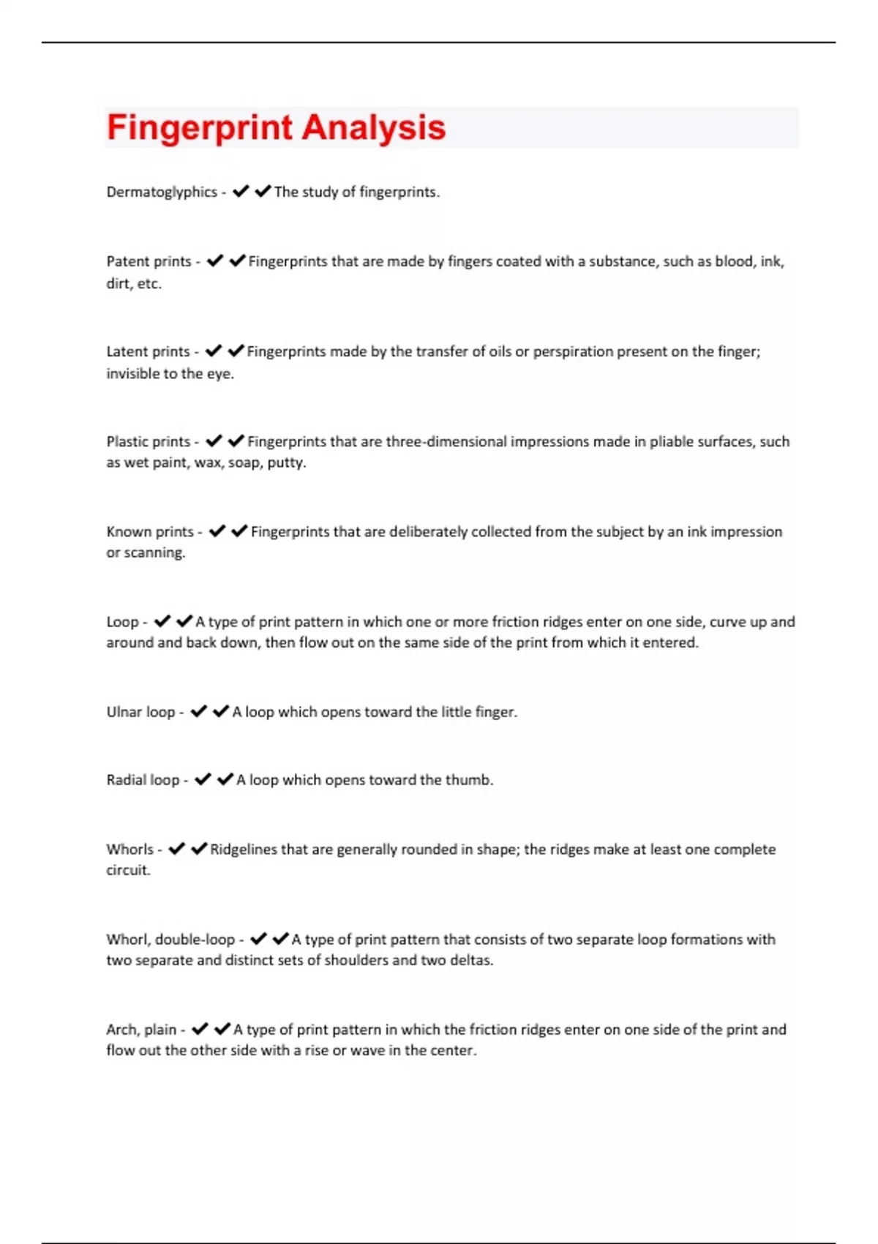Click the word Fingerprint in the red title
pyautogui.click(x=200, y=127)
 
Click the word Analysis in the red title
pyautogui.click(x=373, y=127)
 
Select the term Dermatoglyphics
pyautogui.click(x=162, y=192)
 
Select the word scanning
pyautogui.click(x=154, y=553)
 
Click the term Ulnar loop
pyautogui.click(x=140, y=712)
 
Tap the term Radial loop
pyautogui.click(x=143, y=780)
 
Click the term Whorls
pyautogui.click(x=130, y=850)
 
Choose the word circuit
pyautogui.click(x=128, y=871)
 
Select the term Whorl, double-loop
pyautogui.click(x=170, y=940)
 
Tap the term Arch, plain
pyautogui.click(x=141, y=1030)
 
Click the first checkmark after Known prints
pyautogui.click(x=217, y=531)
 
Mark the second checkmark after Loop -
pyautogui.click(x=184, y=621)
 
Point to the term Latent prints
pyautogui.click(x=148, y=352)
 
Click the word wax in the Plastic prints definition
pyautogui.click(x=208, y=463)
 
